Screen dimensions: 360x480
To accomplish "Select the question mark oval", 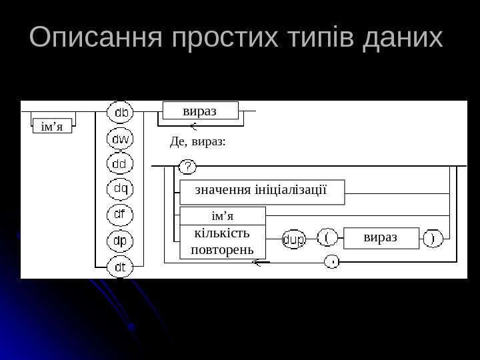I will coord(189,165).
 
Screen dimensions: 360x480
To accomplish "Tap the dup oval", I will coord(294,239).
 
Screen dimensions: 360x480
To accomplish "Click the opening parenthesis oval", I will coord(327,238).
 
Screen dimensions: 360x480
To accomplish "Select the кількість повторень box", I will coord(222,241).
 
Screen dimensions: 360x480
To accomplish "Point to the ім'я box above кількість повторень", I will coord(223,215).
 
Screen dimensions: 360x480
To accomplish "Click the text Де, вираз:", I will coord(199,141).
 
